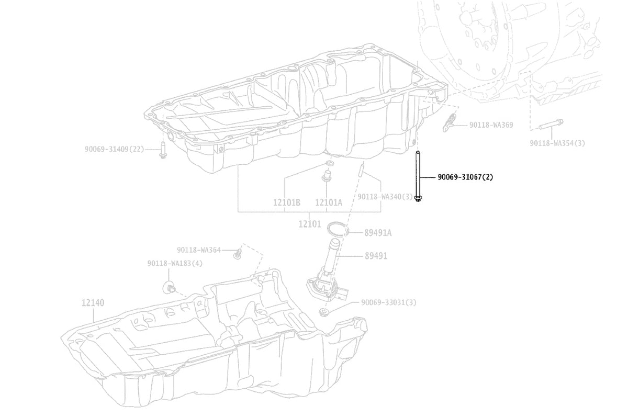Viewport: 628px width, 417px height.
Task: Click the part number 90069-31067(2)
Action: click(x=465, y=177)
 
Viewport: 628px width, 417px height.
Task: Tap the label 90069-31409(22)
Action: click(x=115, y=149)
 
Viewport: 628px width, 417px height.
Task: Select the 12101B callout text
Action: click(x=287, y=202)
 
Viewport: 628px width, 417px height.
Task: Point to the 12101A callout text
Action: click(x=329, y=202)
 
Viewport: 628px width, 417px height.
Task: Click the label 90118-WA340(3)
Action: click(x=385, y=197)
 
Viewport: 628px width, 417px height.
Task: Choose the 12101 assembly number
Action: click(x=309, y=224)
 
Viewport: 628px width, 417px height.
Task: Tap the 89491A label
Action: click(x=378, y=233)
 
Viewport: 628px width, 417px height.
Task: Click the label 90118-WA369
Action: click(x=491, y=125)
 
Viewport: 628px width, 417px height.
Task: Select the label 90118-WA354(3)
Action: click(x=557, y=143)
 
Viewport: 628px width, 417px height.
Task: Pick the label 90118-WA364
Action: click(x=199, y=250)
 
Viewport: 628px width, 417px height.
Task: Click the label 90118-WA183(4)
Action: click(x=175, y=263)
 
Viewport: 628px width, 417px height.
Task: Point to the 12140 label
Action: click(x=93, y=302)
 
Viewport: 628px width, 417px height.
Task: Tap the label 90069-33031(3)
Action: click(x=388, y=302)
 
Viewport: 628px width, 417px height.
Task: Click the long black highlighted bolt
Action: click(x=418, y=176)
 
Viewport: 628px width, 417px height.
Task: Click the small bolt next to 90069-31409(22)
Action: click(x=163, y=150)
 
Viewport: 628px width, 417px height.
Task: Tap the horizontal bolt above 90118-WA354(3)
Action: click(x=551, y=125)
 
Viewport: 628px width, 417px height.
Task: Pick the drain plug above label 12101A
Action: click(x=327, y=176)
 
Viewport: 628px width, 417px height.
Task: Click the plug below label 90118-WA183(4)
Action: click(x=169, y=287)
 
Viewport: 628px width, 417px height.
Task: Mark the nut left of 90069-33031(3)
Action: click(x=323, y=312)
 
